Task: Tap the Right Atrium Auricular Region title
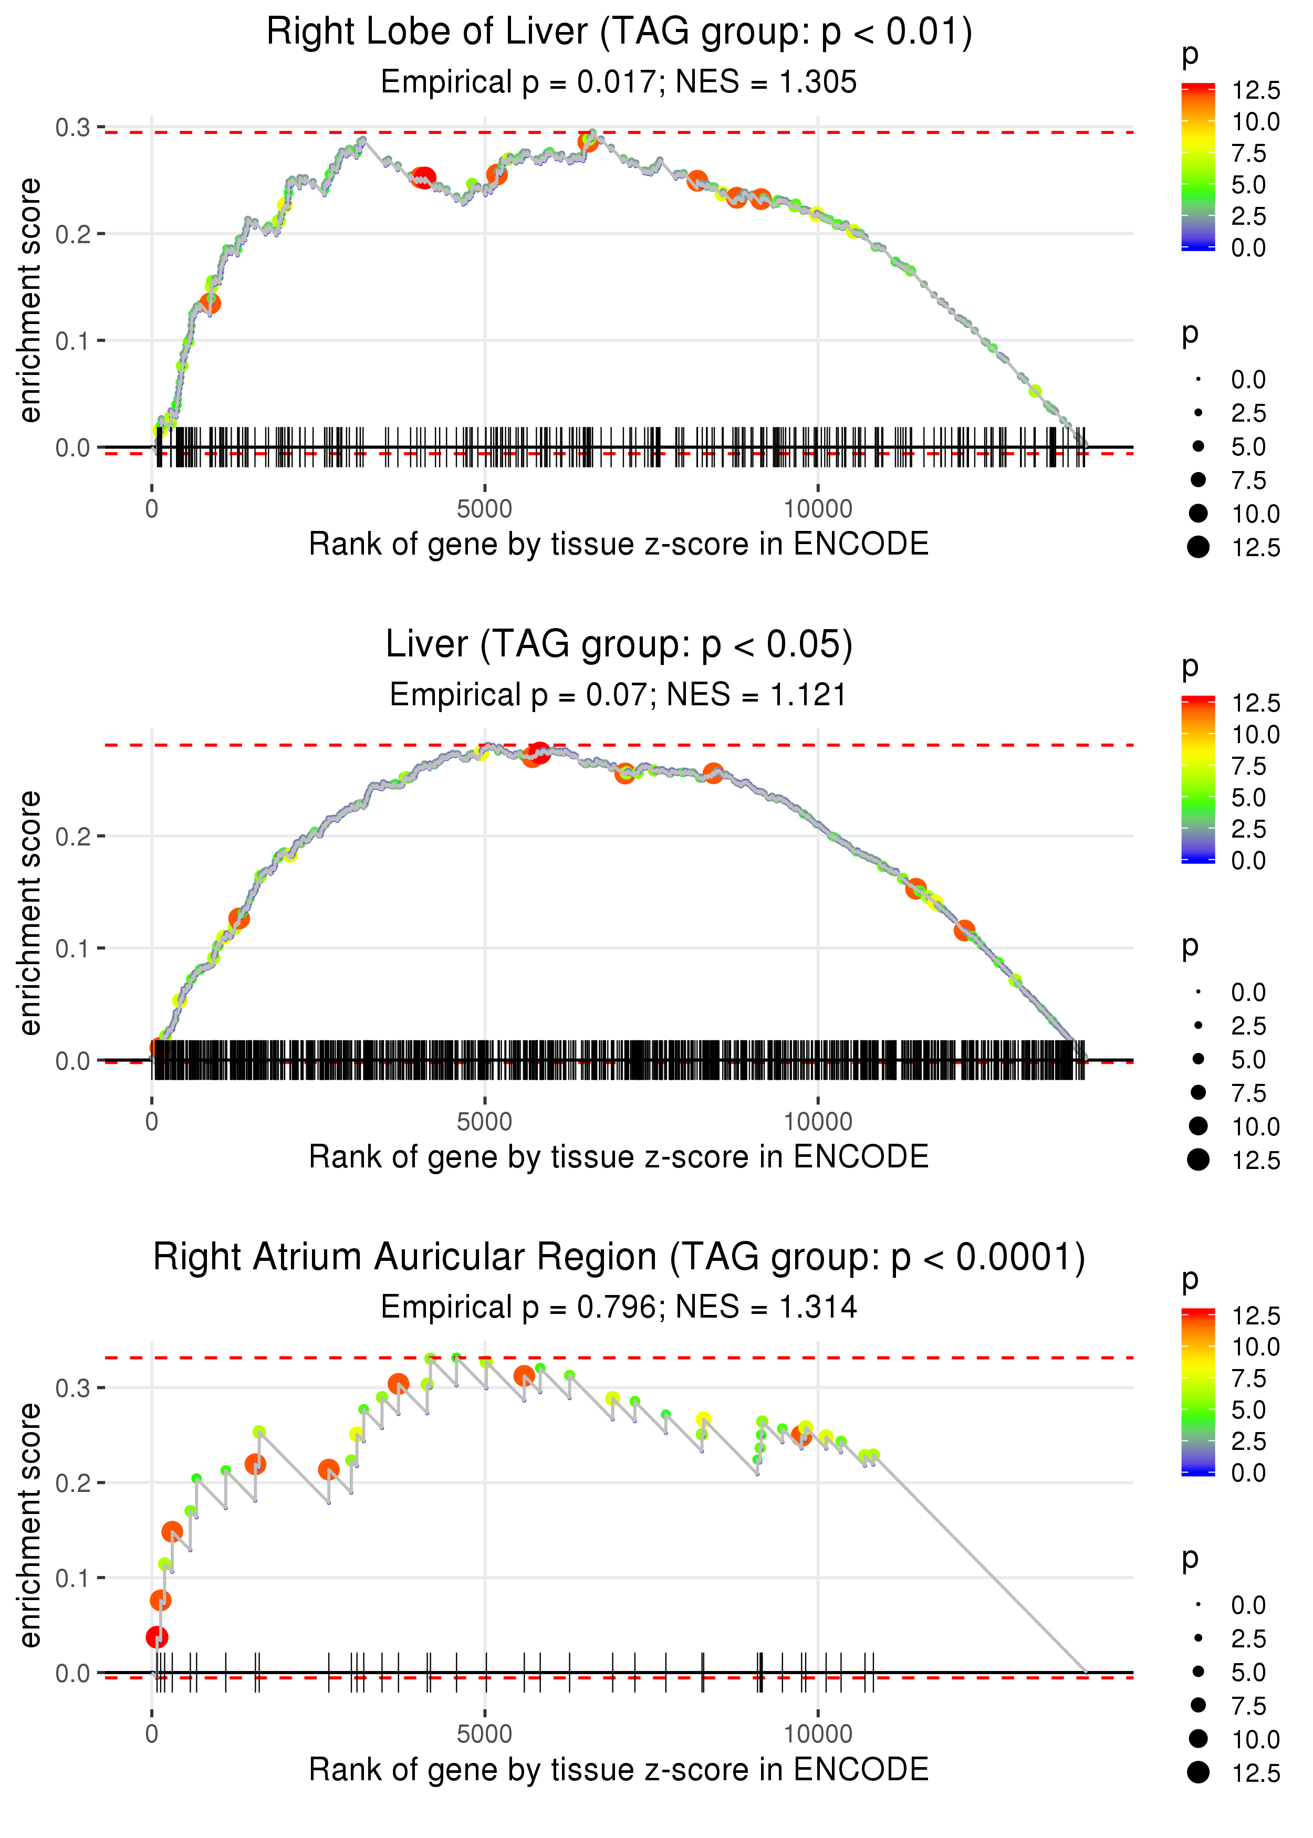click(619, 1258)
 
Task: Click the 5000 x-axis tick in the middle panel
click(484, 1122)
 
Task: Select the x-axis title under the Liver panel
click(619, 1157)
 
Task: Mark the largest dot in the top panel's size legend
click(1198, 547)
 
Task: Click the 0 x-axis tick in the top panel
click(152, 509)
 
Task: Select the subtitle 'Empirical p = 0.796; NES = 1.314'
click(619, 1308)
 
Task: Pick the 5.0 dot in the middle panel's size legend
click(1198, 1059)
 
